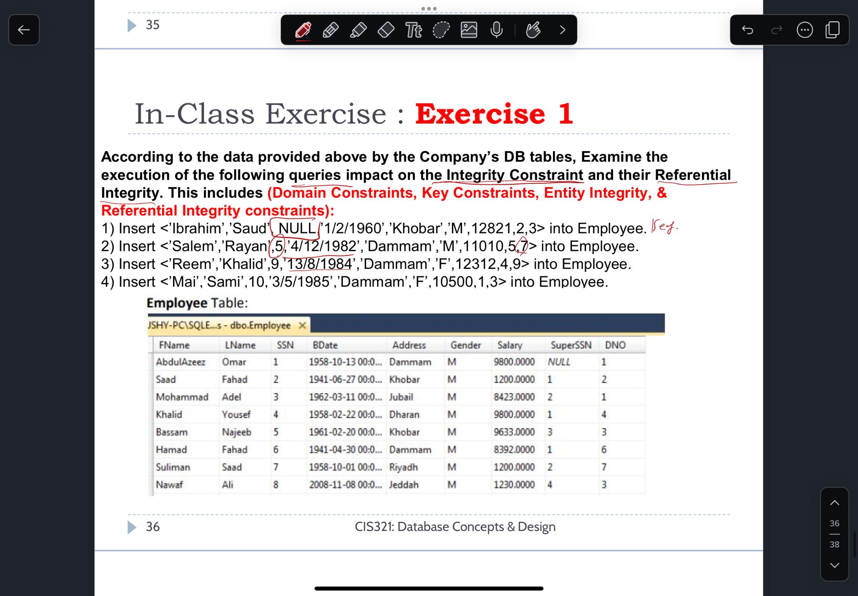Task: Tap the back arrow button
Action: click(24, 30)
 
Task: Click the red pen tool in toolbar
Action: click(303, 30)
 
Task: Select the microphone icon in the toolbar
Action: click(496, 30)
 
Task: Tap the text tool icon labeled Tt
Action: click(413, 30)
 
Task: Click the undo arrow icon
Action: click(747, 30)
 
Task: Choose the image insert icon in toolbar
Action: click(468, 30)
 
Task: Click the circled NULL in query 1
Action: click(297, 228)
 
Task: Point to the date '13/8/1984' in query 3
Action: click(320, 264)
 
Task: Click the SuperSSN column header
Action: click(571, 345)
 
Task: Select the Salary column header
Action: click(509, 345)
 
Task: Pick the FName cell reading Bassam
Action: click(172, 432)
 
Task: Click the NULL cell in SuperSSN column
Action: click(559, 362)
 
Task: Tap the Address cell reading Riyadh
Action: click(403, 467)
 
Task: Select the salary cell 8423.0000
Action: click(514, 397)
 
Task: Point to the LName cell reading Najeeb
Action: click(236, 432)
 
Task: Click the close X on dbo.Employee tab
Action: click(302, 325)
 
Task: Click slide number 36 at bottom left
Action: click(152, 526)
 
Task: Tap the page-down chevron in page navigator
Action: click(834, 565)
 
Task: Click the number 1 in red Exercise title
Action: click(565, 114)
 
